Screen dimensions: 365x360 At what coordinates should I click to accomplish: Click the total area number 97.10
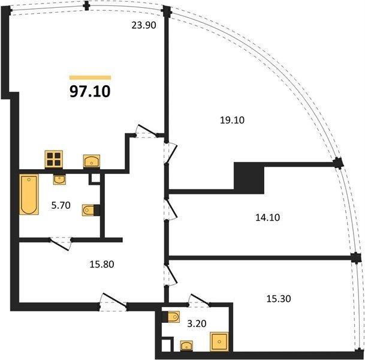90,91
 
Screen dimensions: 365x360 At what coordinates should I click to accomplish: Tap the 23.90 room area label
144,25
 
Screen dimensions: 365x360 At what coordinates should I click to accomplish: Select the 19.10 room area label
232,120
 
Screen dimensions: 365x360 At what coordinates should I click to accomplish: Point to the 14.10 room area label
267,217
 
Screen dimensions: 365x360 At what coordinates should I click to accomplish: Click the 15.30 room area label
279,298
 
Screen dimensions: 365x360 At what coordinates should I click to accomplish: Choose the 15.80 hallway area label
102,265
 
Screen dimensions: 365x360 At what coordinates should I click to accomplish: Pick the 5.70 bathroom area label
61,206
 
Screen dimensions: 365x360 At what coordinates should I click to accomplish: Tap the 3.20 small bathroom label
197,323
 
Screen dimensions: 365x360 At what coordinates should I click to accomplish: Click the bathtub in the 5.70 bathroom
29,194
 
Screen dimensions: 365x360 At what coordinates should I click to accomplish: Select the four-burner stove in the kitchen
54,160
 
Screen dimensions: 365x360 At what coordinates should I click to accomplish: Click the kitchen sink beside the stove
92,161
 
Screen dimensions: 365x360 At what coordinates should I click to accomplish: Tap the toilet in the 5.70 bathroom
91,210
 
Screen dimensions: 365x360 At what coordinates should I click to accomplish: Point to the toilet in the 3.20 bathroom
171,317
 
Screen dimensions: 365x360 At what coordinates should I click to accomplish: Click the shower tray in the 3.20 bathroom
219,341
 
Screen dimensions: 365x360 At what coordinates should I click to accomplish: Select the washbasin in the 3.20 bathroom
186,346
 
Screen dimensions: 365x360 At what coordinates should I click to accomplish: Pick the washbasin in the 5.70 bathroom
59,179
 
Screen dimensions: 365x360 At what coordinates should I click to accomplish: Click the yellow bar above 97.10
90,78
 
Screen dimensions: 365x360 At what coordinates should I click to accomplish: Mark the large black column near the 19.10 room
249,178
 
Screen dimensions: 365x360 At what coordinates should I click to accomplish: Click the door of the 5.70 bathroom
60,244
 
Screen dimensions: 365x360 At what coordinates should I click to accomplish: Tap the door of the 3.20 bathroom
200,299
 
